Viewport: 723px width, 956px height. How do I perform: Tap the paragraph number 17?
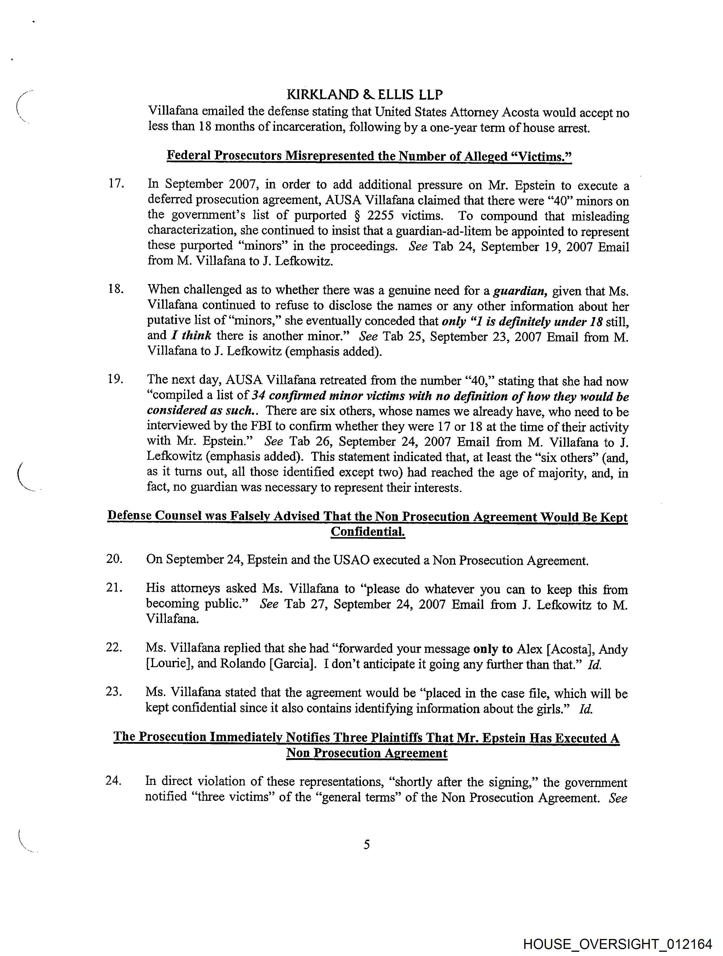[x=117, y=183]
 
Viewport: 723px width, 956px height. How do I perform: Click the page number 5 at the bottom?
[x=367, y=844]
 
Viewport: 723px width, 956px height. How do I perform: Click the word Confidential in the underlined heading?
[x=367, y=531]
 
